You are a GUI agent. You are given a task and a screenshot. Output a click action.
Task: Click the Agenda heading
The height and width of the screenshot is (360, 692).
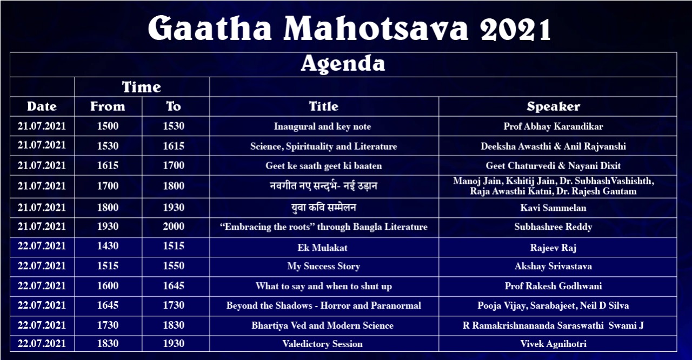point(343,64)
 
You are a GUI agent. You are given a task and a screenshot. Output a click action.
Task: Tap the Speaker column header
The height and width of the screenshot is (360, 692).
point(553,106)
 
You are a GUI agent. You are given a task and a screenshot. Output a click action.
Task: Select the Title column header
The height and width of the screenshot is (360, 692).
point(324,106)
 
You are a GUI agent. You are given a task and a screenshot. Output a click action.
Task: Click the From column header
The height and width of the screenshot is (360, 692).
point(108,106)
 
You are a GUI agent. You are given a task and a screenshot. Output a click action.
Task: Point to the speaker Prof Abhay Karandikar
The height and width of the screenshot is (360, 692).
point(553,126)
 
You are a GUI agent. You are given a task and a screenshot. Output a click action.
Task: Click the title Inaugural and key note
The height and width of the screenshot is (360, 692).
point(323,126)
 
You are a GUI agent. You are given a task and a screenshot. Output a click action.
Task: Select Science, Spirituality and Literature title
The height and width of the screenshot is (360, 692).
point(323,146)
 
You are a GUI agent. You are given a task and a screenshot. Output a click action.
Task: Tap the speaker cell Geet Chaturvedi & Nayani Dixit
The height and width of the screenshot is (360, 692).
point(553,166)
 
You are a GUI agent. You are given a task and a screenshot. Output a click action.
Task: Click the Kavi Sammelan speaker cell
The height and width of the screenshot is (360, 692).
point(553,208)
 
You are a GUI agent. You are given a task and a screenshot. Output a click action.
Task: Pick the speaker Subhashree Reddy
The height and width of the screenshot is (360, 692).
point(553,227)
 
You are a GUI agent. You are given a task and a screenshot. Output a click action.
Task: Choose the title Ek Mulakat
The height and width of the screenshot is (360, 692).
point(323,248)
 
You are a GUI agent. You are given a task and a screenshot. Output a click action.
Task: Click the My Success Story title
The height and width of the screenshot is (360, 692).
point(323,266)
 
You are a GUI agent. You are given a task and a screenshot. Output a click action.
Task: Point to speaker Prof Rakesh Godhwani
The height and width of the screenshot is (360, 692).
point(553,286)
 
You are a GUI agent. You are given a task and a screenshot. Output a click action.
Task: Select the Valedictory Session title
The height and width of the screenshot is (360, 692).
point(323,344)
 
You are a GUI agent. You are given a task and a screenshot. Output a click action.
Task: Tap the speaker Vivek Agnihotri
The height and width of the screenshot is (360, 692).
point(553,344)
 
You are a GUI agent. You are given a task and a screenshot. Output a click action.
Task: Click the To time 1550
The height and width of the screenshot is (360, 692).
point(174,266)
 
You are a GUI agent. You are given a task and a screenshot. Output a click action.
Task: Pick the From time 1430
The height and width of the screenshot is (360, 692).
point(108,246)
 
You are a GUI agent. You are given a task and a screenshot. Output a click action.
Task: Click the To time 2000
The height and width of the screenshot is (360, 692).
point(174,226)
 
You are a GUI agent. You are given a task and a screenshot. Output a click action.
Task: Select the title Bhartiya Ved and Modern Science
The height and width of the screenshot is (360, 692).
point(323,325)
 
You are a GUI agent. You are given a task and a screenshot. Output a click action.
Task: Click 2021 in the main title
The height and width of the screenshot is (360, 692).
point(515,29)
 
